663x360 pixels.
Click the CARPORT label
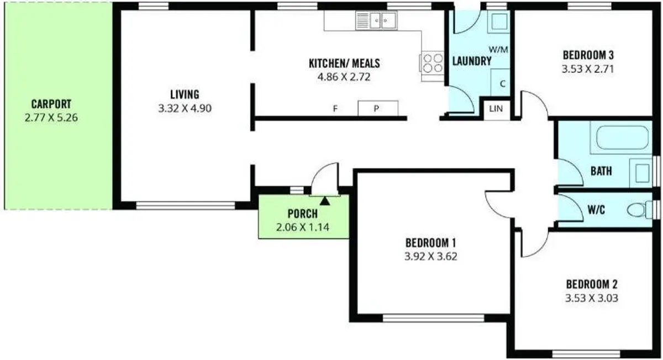click(x=51, y=104)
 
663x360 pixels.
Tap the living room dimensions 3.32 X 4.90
click(x=185, y=108)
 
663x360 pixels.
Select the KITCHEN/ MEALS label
click(x=344, y=63)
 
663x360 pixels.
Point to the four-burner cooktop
click(x=433, y=63)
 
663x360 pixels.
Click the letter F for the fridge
click(x=335, y=109)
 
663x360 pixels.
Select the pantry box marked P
click(x=378, y=108)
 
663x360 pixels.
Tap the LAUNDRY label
click(x=472, y=61)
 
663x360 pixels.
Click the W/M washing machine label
click(x=498, y=50)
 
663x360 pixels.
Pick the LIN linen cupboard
click(x=496, y=109)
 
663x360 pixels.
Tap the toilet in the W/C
click(x=639, y=210)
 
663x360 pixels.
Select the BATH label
click(x=601, y=171)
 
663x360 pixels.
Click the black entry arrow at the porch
click(x=325, y=201)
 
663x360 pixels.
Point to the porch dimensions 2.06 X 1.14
click(x=303, y=227)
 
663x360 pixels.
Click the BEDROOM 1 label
click(x=430, y=243)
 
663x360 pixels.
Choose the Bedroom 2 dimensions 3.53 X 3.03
click(x=592, y=298)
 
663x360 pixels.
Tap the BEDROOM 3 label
click(x=588, y=55)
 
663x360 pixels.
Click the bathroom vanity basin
click(x=641, y=173)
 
